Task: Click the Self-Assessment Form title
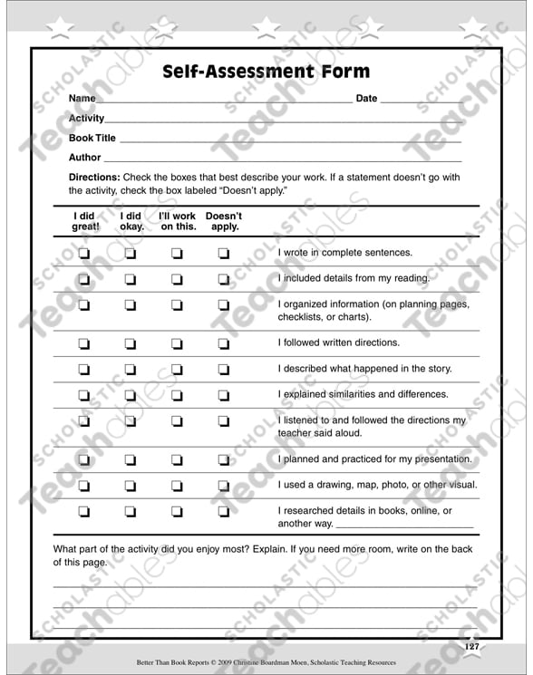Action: pos(266,72)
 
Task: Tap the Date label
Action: pos(366,99)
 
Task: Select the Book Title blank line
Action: pos(290,142)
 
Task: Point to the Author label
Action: pos(85,158)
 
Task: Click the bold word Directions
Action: pos(94,178)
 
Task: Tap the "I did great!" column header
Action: pos(85,222)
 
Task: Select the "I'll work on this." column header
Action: pos(178,222)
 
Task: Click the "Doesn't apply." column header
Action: pos(224,222)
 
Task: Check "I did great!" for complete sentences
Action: pos(84,254)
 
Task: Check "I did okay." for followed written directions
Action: pos(130,343)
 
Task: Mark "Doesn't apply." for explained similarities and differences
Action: pos(224,395)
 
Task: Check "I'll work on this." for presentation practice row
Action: pos(178,460)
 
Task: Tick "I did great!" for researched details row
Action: pos(84,512)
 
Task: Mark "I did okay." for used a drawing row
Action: pos(130,486)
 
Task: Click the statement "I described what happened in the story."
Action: pos(364,369)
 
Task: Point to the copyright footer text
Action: pos(266,663)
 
